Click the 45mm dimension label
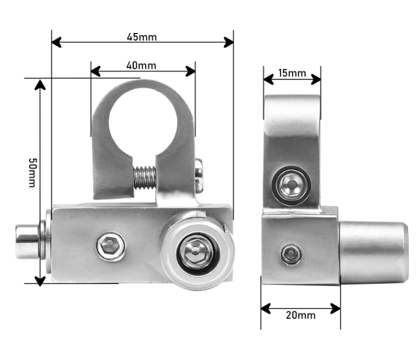coord(142,37)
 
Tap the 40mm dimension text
coord(141,65)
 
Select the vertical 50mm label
coord(32,173)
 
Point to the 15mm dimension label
coord(292,73)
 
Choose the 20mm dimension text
coord(301,315)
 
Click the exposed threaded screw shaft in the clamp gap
coord(145,177)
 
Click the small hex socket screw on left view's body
coord(110,246)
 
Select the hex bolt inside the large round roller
coord(196,253)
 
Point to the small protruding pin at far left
coord(27,242)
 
